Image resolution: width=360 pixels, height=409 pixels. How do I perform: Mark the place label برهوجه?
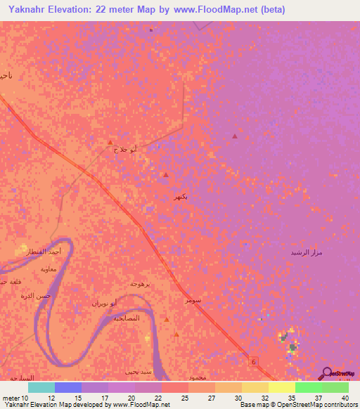click(x=141, y=283)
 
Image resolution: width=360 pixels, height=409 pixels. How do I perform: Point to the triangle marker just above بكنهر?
click(x=165, y=174)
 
